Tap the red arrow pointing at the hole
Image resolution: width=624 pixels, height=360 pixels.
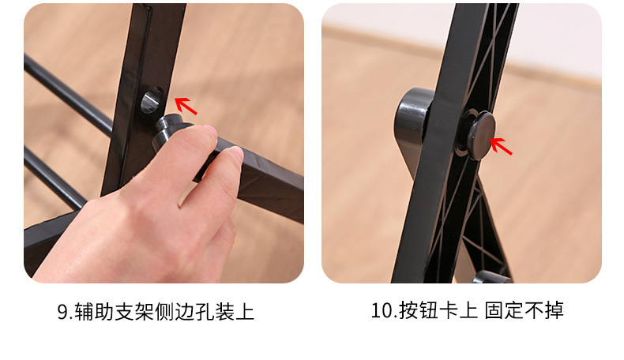185,105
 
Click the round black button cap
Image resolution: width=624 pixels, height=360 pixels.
479,135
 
